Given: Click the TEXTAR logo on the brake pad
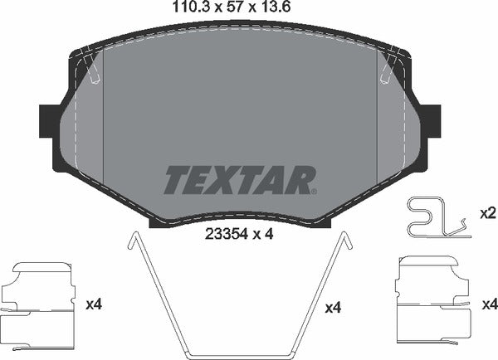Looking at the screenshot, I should [240, 179].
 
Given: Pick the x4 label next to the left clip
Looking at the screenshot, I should [94, 304].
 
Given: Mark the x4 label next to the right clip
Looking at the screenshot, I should [489, 304].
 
